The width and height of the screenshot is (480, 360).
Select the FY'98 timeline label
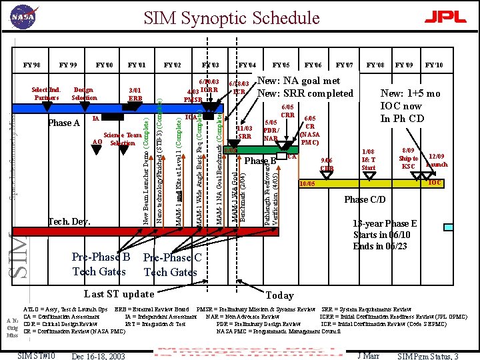(31, 65)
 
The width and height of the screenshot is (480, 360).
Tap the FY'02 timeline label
(172, 65)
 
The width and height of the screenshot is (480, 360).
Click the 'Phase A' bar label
(64, 123)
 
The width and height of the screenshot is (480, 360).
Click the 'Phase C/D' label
(365, 199)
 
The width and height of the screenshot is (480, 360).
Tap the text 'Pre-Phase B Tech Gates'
(100, 265)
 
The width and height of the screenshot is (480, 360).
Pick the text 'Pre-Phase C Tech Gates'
(171, 265)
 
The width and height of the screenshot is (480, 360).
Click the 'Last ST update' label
(119, 294)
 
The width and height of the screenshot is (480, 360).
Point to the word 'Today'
(279, 295)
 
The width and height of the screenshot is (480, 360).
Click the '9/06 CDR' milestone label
(327, 164)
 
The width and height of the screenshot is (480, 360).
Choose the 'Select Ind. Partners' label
(46, 93)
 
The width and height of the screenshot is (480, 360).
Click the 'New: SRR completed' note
(305, 93)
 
